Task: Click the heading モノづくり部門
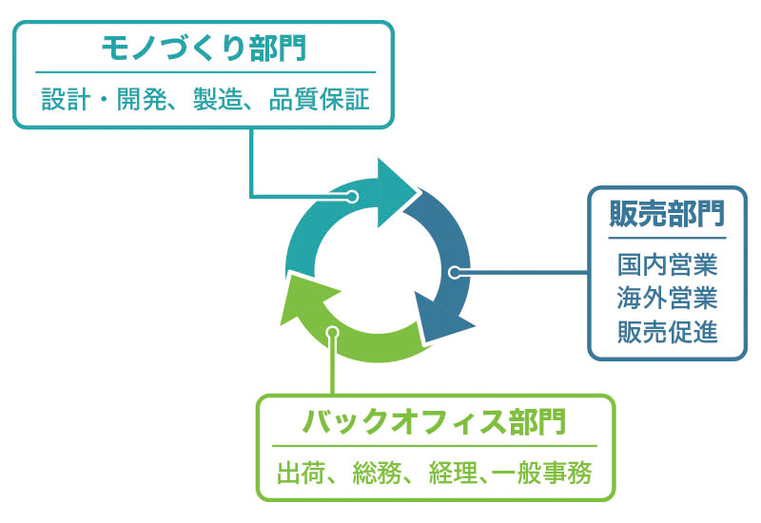[x=204, y=48]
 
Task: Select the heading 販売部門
[x=667, y=213]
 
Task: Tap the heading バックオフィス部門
[x=434, y=421]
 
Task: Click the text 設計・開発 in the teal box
[x=104, y=99]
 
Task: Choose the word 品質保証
[x=319, y=99]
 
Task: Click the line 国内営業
[x=667, y=264]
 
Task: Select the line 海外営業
[x=667, y=298]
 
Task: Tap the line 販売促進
[x=667, y=332]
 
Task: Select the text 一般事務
[x=541, y=473]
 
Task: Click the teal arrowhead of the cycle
[x=394, y=193]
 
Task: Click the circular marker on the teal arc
[x=353, y=197]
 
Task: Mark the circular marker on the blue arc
[x=455, y=272]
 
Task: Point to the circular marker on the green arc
[x=332, y=332]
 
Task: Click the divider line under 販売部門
[x=667, y=238]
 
